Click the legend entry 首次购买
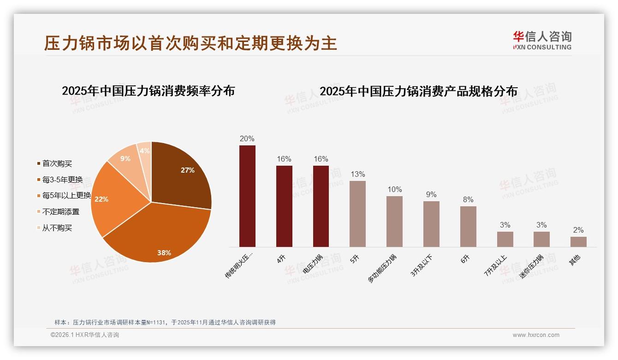(x=57, y=163)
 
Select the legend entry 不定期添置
(x=60, y=212)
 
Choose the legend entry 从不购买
(x=57, y=228)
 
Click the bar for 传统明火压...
(x=247, y=196)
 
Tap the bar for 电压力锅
(x=321, y=206)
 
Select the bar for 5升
(x=357, y=214)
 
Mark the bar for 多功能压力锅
(x=394, y=222)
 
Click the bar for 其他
(x=578, y=242)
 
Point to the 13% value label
(x=357, y=174)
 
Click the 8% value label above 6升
(x=468, y=199)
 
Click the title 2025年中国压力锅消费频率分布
(x=149, y=91)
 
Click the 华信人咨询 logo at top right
(x=542, y=40)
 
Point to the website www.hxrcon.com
(x=536, y=335)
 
